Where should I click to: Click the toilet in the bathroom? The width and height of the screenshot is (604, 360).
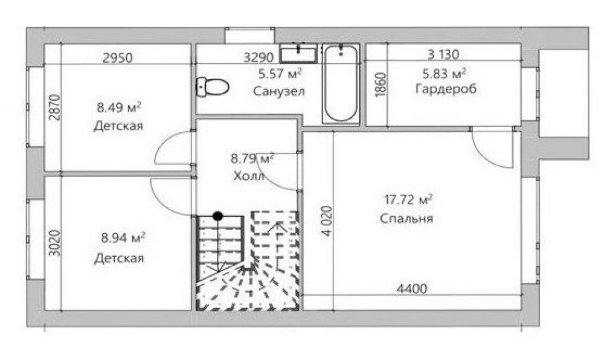pyautogui.click(x=213, y=87)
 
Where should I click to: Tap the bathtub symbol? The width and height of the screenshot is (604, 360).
pyautogui.click(x=341, y=83)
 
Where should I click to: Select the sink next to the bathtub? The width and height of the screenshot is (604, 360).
pyautogui.click(x=298, y=53)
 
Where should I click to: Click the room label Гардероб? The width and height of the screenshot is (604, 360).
pyautogui.click(x=446, y=89)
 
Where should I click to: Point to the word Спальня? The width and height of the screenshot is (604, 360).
pyautogui.click(x=406, y=219)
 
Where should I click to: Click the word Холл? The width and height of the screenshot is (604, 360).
pyautogui.click(x=249, y=176)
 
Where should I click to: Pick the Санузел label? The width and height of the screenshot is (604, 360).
pyautogui.click(x=279, y=92)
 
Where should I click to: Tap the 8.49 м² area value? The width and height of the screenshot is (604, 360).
pyautogui.click(x=119, y=107)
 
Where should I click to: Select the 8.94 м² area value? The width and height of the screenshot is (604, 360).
pyautogui.click(x=123, y=237)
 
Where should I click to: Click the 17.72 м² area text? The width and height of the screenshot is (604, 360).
pyautogui.click(x=408, y=199)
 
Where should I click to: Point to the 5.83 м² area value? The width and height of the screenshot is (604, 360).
pyautogui.click(x=445, y=72)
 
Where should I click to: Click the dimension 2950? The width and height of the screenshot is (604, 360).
pyautogui.click(x=118, y=58)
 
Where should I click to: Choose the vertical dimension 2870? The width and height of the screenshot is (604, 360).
pyautogui.click(x=55, y=108)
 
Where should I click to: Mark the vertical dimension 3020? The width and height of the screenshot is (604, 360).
pyautogui.click(x=55, y=243)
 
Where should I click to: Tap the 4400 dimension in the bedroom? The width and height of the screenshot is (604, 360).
pyautogui.click(x=412, y=288)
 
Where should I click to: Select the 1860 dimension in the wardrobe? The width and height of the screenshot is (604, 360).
pyautogui.click(x=380, y=85)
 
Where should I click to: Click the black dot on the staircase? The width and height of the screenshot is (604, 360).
pyautogui.click(x=218, y=216)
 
